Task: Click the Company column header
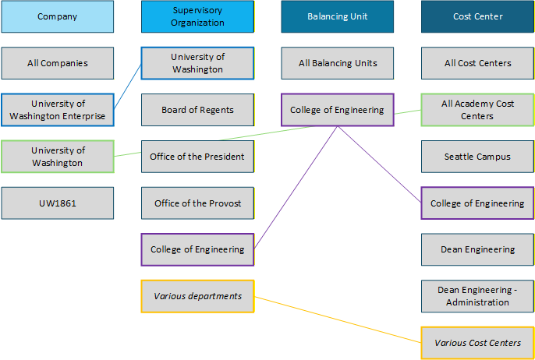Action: pos(58,16)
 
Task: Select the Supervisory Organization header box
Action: pos(197,16)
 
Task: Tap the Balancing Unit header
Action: pos(338,16)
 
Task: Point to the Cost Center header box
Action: pos(477,16)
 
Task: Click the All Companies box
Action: pos(58,63)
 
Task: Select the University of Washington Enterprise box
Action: pos(58,110)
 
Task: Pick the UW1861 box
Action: pos(58,203)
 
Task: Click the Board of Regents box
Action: pos(197,110)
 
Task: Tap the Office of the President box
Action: pos(197,157)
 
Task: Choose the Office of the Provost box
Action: pos(197,203)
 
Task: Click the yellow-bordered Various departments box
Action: pos(197,296)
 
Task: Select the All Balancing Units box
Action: pos(338,63)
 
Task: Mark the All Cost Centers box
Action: pos(477,63)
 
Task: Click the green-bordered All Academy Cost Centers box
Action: pos(477,110)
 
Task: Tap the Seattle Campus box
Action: pos(477,157)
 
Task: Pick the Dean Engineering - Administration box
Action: pos(477,296)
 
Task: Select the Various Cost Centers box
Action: pos(477,343)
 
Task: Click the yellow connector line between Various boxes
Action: pos(338,319)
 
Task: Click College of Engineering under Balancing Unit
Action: pos(338,110)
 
